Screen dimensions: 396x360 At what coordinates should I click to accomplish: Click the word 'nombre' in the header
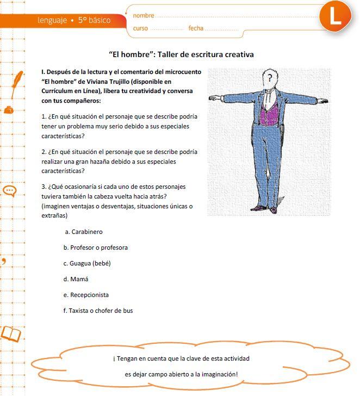144,15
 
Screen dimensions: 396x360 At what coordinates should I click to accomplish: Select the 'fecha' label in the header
196,28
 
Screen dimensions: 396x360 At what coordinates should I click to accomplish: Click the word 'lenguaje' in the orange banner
52,21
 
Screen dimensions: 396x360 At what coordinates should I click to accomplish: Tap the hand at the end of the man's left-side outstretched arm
213,99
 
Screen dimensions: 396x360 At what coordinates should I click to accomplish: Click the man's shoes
264,207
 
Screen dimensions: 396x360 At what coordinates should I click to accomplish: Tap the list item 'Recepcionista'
89,295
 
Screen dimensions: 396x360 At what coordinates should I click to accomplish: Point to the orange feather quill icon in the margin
18,80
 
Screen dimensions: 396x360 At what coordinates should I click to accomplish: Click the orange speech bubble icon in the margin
10,190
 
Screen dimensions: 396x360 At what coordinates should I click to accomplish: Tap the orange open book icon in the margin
11,333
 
